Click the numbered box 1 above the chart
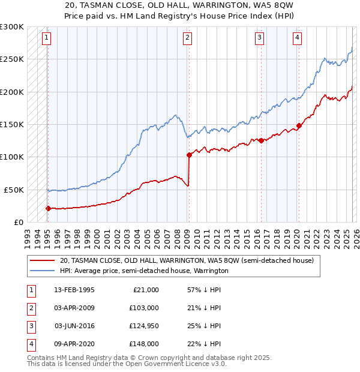click(x=47, y=38)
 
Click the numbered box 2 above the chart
click(x=188, y=38)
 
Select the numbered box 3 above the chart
click(x=259, y=38)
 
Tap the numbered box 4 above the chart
click(x=297, y=38)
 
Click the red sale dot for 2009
click(x=189, y=155)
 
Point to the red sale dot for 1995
click(x=48, y=208)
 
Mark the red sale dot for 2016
click(x=261, y=140)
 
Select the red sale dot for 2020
click(x=299, y=125)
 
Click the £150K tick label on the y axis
click(x=12, y=125)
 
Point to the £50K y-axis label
click(x=14, y=190)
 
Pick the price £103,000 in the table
click(x=144, y=308)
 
